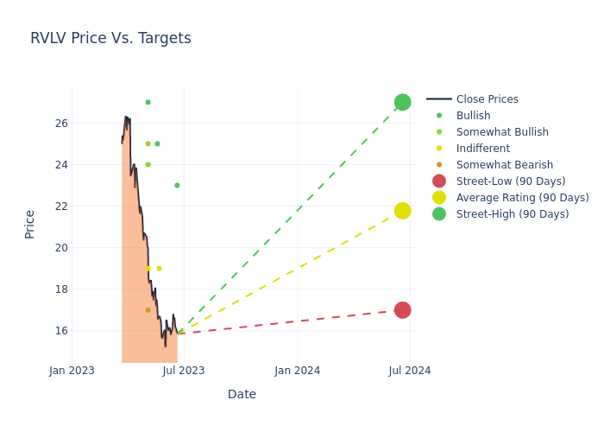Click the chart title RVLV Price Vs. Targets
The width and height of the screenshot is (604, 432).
(x=110, y=39)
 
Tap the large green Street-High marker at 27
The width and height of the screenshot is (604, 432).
(x=402, y=102)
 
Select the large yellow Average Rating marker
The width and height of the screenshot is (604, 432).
(x=402, y=211)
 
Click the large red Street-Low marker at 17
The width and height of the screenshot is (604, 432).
(x=402, y=310)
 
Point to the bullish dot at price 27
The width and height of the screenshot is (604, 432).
(x=148, y=102)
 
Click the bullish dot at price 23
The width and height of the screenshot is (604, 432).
(x=177, y=185)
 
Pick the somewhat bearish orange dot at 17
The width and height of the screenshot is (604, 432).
(x=148, y=310)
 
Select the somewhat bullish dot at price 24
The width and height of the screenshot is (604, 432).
(x=148, y=164)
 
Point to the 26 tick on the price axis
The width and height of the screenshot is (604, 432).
(x=61, y=124)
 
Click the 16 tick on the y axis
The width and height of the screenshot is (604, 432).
(x=61, y=331)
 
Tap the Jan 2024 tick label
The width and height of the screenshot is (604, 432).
(x=298, y=371)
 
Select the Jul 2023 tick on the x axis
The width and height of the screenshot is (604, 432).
(x=184, y=371)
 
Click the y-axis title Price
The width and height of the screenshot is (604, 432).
(x=30, y=224)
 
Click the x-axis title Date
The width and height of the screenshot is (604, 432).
(x=242, y=395)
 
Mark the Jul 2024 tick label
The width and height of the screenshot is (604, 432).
(x=410, y=371)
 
